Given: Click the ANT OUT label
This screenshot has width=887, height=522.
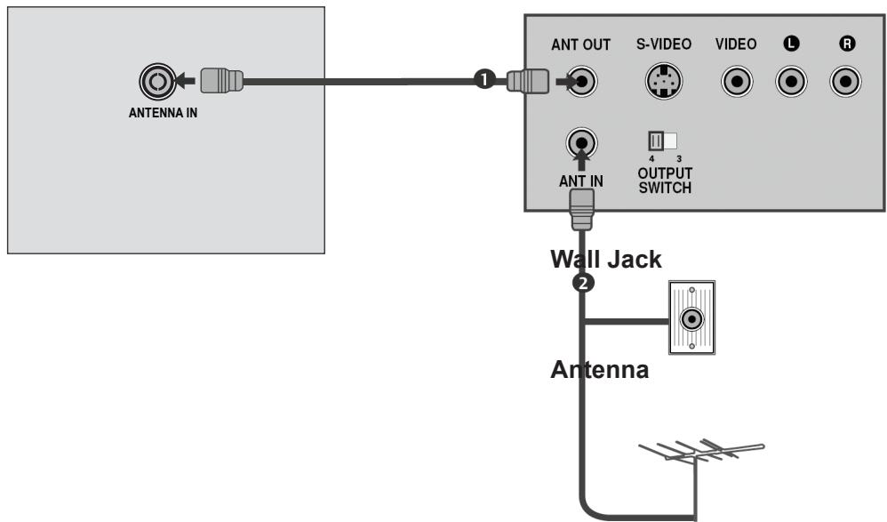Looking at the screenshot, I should (581, 44).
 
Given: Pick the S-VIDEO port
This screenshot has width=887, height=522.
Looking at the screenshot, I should (659, 83).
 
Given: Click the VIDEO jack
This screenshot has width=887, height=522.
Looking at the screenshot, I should (737, 83).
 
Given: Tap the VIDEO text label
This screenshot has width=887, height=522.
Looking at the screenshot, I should (736, 44).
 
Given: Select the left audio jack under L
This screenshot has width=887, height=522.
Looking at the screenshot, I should (790, 83).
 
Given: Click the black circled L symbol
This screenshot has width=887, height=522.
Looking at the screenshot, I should (790, 44).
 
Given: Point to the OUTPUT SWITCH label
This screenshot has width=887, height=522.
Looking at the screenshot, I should (665, 181).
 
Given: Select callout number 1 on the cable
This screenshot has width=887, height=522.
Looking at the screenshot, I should (483, 80).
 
